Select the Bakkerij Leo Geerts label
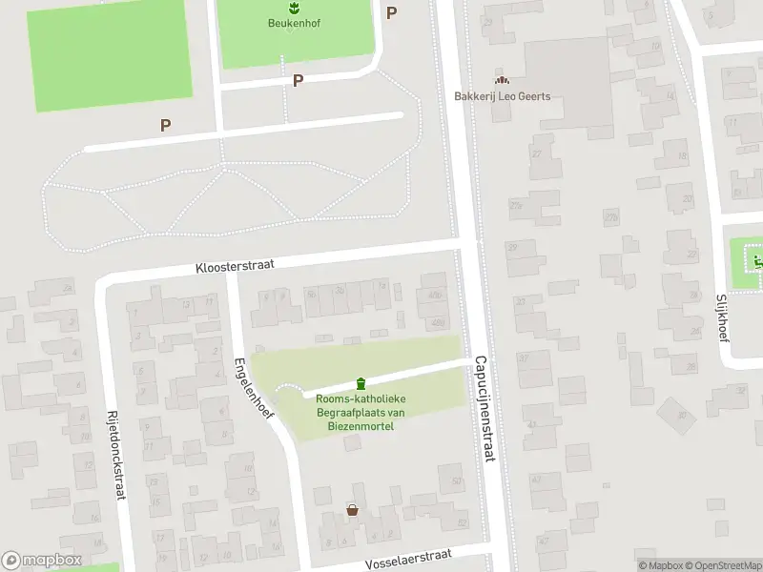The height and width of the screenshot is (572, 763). (x=502, y=96)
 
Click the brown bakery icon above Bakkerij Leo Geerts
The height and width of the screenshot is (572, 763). (x=502, y=81)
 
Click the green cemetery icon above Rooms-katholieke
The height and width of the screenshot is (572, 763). (x=360, y=383)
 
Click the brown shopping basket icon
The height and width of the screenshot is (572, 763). (x=353, y=510)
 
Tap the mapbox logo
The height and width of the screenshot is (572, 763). (x=42, y=561)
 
